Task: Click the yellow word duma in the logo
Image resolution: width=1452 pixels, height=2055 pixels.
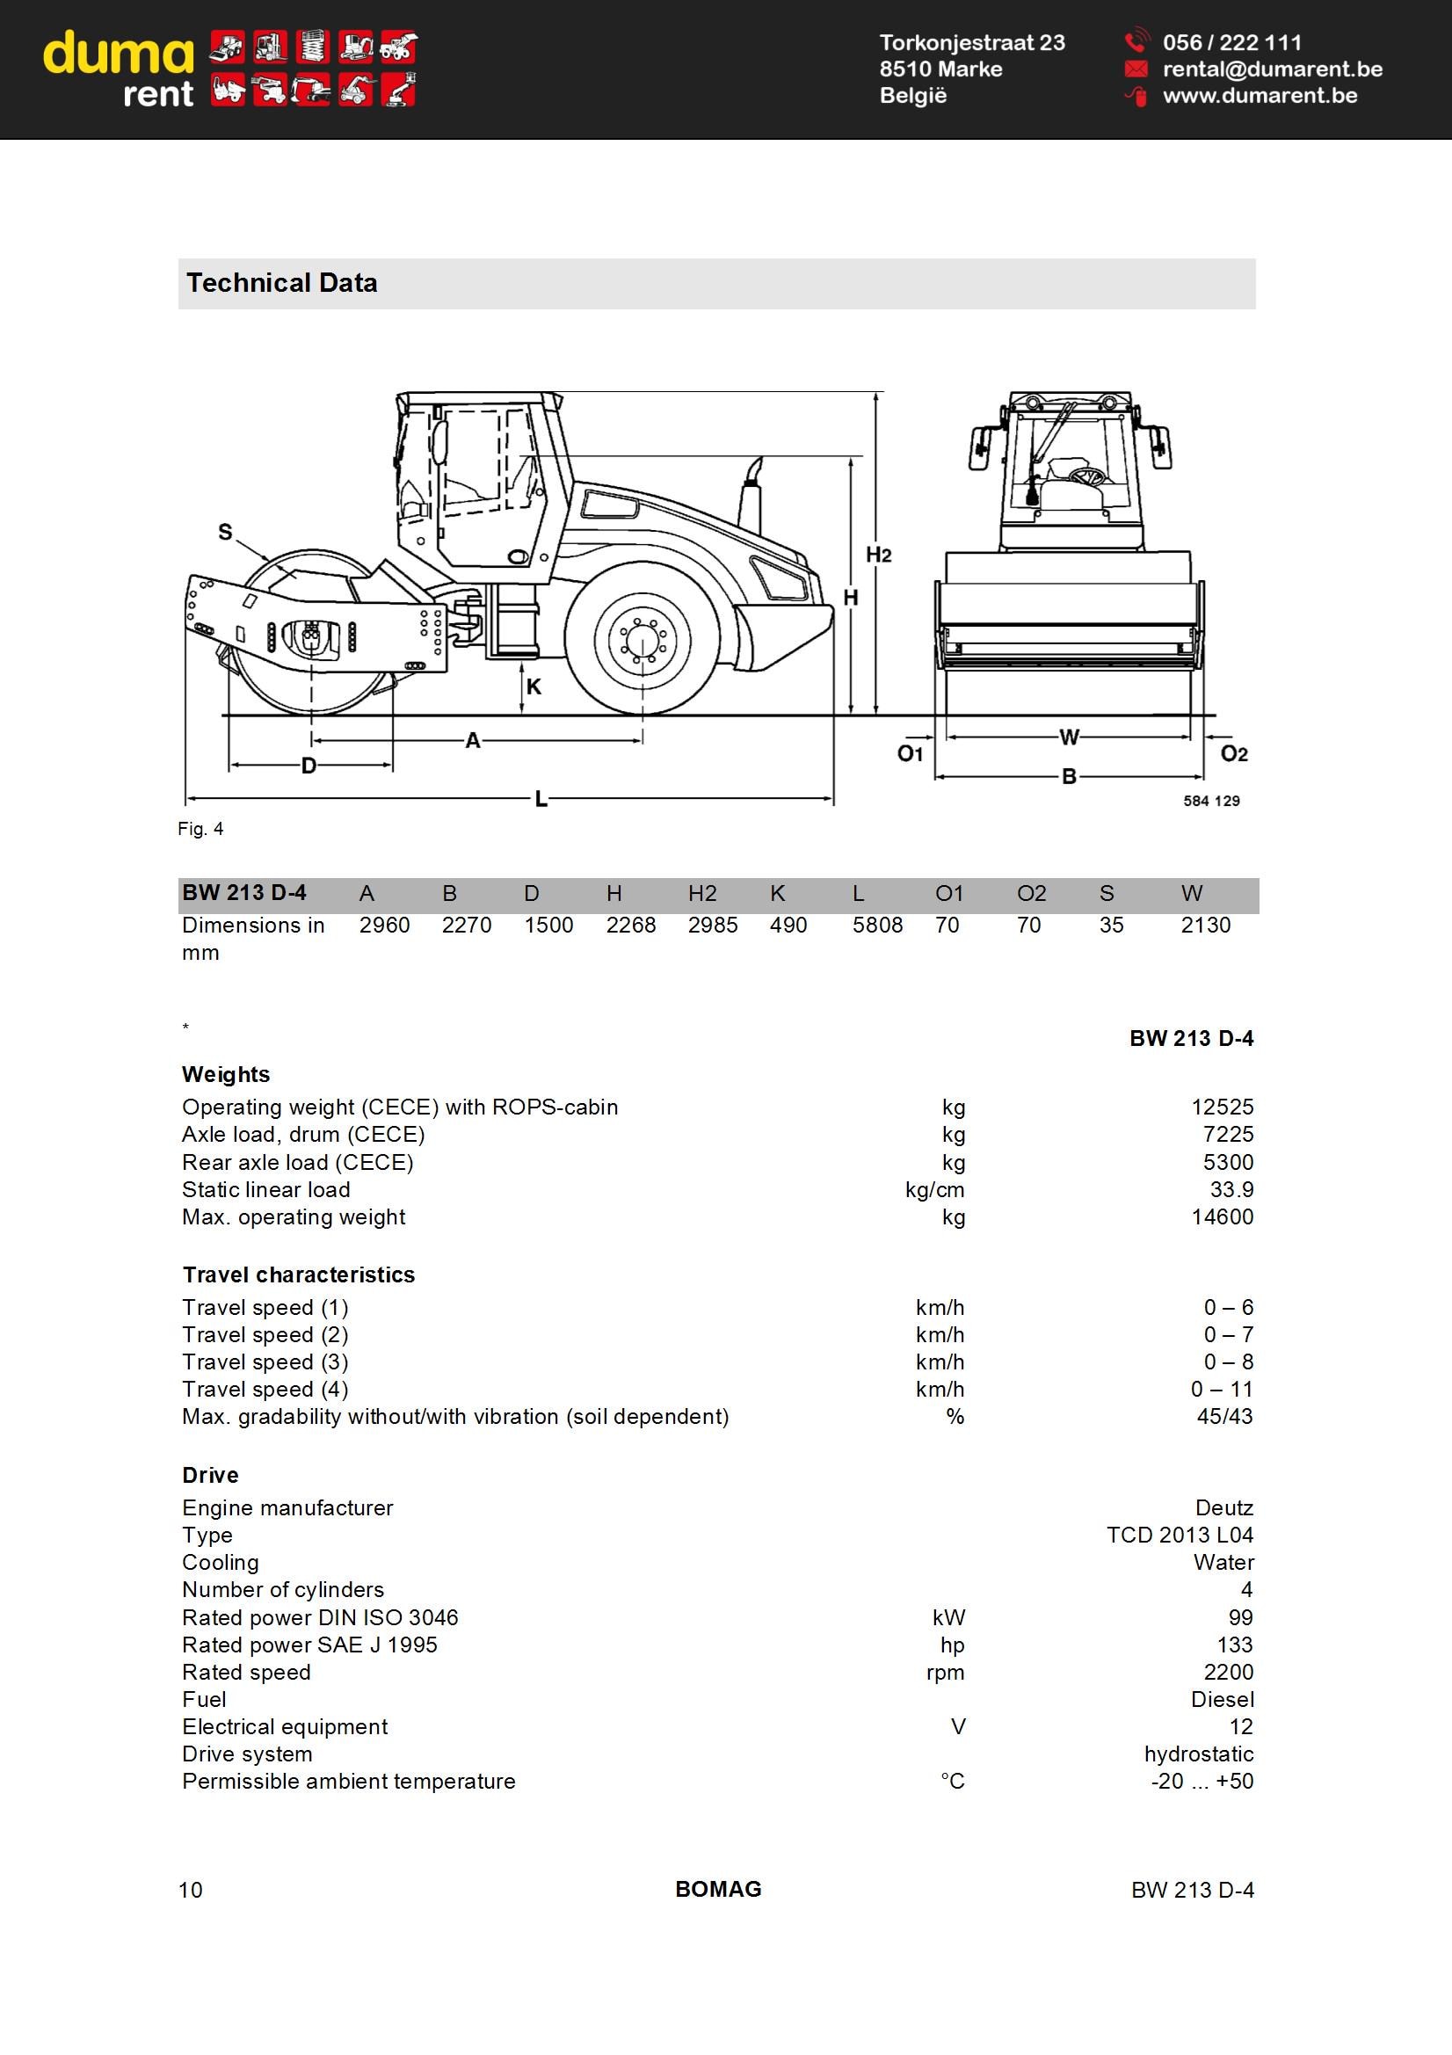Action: [x=118, y=54]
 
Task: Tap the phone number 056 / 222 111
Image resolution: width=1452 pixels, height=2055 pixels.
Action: [x=1231, y=42]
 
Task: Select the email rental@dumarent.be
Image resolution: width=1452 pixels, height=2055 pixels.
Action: [x=1272, y=69]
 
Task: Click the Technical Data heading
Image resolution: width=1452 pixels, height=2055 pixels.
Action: [x=282, y=283]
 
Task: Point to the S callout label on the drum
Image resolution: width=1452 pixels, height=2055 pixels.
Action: [x=226, y=533]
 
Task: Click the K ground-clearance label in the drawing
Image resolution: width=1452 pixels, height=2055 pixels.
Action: [x=534, y=686]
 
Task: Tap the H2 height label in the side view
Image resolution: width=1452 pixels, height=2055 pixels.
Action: [x=878, y=555]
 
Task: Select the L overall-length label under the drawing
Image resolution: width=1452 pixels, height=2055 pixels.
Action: [x=541, y=798]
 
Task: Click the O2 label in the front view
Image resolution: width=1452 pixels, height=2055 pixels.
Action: [x=1233, y=753]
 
